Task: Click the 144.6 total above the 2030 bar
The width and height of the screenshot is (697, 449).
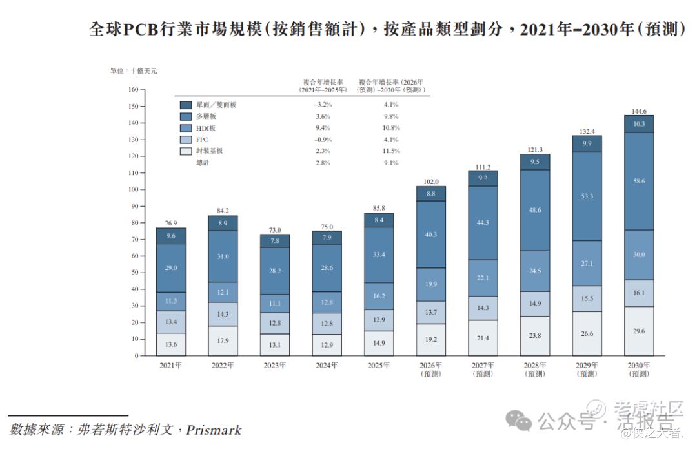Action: coord(639,111)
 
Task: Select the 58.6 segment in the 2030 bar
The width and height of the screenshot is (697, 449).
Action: coord(639,181)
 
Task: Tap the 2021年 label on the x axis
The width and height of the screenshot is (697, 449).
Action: coord(170,366)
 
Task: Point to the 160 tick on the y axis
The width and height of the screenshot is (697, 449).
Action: coord(134,89)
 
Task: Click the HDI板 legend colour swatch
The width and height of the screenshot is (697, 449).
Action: coord(186,128)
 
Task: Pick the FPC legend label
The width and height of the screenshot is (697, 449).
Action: coord(202,140)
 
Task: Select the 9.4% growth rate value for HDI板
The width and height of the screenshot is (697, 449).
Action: coord(323,128)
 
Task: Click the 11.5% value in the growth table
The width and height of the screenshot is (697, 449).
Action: coord(391,151)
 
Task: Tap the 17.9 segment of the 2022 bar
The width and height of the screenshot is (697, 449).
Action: coord(223,340)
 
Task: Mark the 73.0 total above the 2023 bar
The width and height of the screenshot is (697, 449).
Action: coord(275,230)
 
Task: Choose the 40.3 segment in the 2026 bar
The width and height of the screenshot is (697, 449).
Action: coord(430,235)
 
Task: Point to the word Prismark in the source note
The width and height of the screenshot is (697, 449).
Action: coord(214,430)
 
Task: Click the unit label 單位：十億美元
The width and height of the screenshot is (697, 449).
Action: coord(134,71)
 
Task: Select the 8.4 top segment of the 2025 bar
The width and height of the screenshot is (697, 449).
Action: coord(379,220)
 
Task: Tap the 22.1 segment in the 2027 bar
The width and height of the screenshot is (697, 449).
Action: coord(483,278)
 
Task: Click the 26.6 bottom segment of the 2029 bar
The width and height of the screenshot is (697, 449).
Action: coord(587,334)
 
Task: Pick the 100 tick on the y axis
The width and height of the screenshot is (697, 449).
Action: coord(134,189)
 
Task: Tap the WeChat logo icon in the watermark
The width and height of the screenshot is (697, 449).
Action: coord(519,421)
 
